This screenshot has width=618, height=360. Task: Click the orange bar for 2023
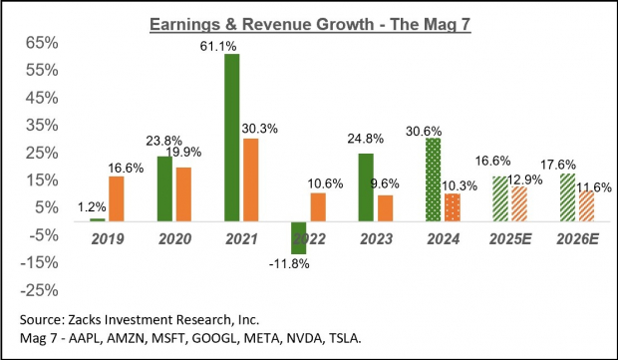(x=385, y=208)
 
